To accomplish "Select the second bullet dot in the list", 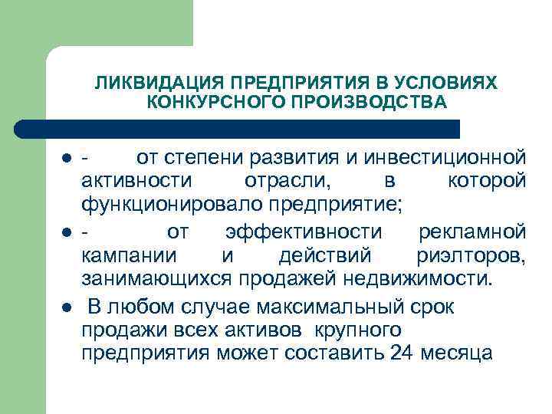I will coord(67,232).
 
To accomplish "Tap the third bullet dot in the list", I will coord(67,307).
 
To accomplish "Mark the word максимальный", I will coord(320,307).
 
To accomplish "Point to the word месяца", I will coord(458,355).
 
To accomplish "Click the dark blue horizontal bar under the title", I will coord(238,129).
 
